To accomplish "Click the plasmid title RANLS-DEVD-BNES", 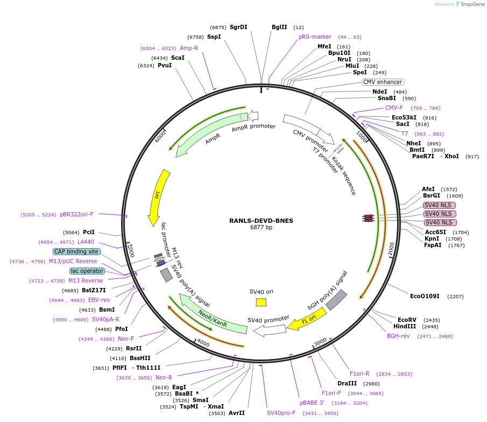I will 261,220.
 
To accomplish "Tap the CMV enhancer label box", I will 383,82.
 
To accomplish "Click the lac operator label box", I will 87,271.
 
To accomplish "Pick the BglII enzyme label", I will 279,27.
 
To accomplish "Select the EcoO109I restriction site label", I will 425,296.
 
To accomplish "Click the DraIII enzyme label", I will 347,383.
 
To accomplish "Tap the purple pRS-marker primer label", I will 315,37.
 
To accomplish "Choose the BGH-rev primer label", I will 398,336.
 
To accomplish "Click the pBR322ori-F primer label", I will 76,214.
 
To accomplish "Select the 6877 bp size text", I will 261,228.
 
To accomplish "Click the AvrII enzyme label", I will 237,413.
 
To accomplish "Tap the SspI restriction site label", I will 214,37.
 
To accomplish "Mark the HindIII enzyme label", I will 404,326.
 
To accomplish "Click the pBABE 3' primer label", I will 312,402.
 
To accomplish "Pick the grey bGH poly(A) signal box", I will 336,300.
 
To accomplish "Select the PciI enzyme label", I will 89,232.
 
